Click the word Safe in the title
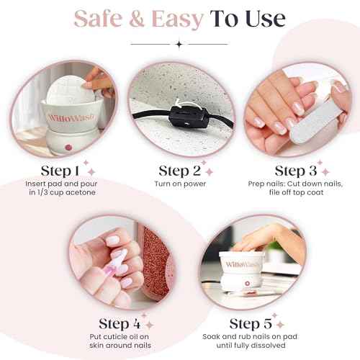tap(102, 19)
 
